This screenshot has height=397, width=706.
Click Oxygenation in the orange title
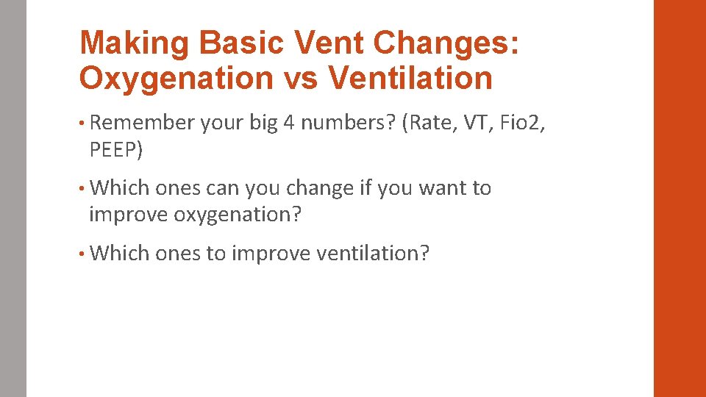point(176,78)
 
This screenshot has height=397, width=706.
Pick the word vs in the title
point(302,78)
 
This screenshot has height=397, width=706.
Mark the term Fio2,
point(523,123)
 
